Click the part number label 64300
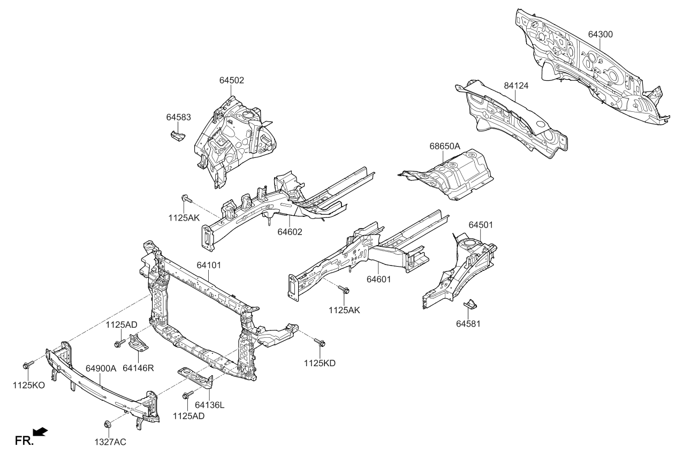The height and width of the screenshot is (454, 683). click(601, 34)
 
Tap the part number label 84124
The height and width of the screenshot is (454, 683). click(516, 85)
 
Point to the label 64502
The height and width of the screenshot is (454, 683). click(231, 80)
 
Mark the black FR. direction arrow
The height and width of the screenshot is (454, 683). click(41, 432)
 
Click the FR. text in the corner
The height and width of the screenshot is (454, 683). click(24, 441)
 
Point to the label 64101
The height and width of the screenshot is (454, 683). click(209, 265)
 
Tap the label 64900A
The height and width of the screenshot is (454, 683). click(101, 368)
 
